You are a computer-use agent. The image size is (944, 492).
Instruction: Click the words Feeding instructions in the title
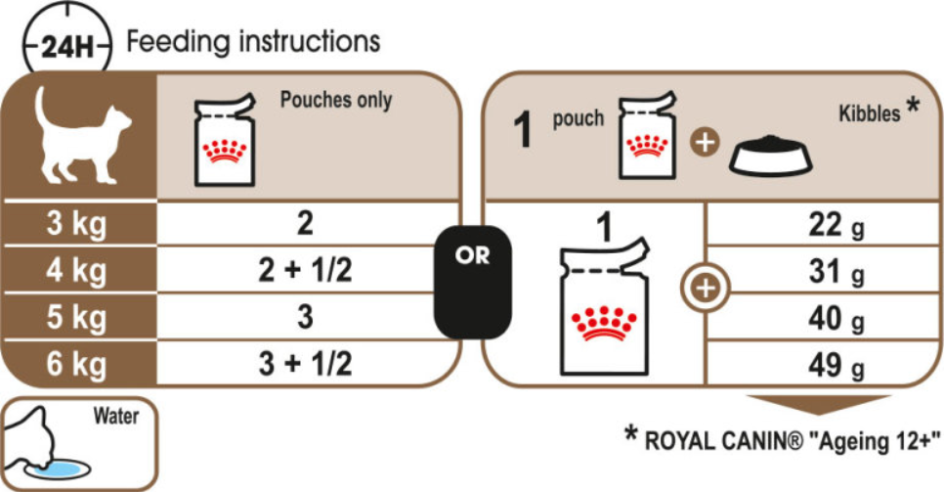pyautogui.click(x=253, y=42)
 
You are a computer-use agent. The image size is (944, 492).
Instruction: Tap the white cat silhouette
pyautogui.click(x=82, y=136)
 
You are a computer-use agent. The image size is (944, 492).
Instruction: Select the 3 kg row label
pyautogui.click(x=76, y=224)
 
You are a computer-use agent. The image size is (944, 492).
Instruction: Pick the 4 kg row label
pyautogui.click(x=76, y=270)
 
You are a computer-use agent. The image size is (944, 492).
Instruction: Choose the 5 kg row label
pyautogui.click(x=76, y=317)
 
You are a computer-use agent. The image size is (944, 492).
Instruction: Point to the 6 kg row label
pyautogui.click(x=76, y=364)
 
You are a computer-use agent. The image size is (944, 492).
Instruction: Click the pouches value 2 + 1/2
pyautogui.click(x=305, y=270)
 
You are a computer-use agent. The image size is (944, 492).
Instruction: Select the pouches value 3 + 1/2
pyautogui.click(x=305, y=364)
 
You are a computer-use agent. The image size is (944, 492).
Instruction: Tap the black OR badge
pyautogui.click(x=473, y=282)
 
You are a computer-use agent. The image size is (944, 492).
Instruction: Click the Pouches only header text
pyautogui.click(x=336, y=100)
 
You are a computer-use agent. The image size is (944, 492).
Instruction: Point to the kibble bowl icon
pyautogui.click(x=771, y=156)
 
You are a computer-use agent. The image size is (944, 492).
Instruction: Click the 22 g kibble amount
pyautogui.click(x=837, y=225)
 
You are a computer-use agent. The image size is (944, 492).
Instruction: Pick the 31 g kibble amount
pyautogui.click(x=837, y=271)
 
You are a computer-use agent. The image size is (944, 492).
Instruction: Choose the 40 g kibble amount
pyautogui.click(x=837, y=318)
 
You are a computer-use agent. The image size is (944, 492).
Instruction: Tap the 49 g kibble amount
pyautogui.click(x=837, y=366)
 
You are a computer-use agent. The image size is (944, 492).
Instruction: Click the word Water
pyautogui.click(x=115, y=416)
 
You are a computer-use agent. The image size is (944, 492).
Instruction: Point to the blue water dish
pyautogui.click(x=58, y=469)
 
